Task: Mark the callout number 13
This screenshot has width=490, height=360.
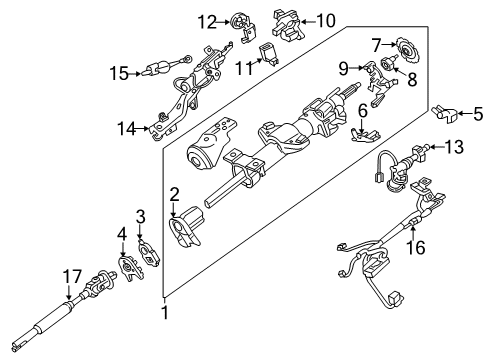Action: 455,148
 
